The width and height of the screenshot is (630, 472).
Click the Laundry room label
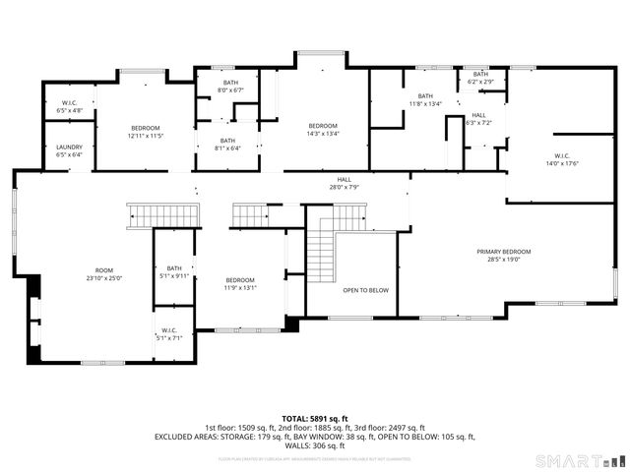pyautogui.click(x=69, y=150)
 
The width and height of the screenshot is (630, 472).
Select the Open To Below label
pyautogui.click(x=365, y=291)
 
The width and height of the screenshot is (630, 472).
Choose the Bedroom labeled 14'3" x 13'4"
pyautogui.click(x=323, y=130)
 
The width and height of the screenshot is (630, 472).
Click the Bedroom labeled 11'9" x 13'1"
pyautogui.click(x=239, y=284)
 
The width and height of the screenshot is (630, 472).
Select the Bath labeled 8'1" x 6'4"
pyautogui.click(x=227, y=145)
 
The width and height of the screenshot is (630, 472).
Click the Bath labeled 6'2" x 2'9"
pyautogui.click(x=480, y=78)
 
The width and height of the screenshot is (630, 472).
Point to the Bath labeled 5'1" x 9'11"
pyautogui.click(x=174, y=272)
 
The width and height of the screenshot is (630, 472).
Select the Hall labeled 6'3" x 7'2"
pyautogui.click(x=478, y=119)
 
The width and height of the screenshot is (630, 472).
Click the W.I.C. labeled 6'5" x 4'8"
pyautogui.click(x=70, y=106)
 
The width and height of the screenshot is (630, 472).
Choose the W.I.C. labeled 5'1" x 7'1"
pyautogui.click(x=168, y=333)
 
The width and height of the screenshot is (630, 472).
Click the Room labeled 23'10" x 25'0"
pyautogui.click(x=104, y=274)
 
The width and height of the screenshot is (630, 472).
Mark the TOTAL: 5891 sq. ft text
pyautogui.click(x=314, y=418)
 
